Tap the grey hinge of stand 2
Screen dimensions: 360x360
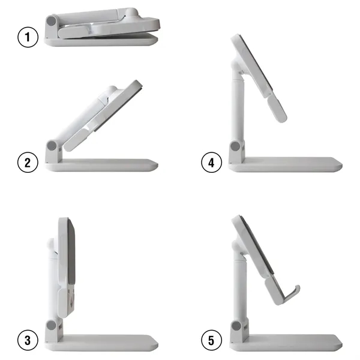coord(52,147)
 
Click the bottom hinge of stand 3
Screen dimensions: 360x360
coord(52,326)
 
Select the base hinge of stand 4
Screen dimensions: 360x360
coord(235,148)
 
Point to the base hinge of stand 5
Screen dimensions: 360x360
coord(235,326)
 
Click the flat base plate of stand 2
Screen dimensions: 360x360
coord(108,165)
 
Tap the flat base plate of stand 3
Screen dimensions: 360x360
coord(108,343)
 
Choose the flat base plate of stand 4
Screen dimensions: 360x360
coord(288,164)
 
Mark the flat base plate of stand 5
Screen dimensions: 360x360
coord(288,343)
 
